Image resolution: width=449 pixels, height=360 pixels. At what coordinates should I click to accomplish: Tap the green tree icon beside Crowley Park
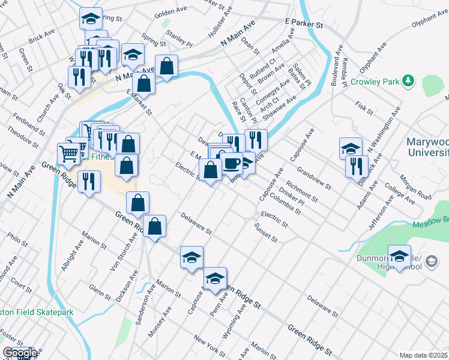pyautogui.click(x=408, y=80)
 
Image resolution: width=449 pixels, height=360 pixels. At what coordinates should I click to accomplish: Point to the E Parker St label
pyautogui.click(x=304, y=23)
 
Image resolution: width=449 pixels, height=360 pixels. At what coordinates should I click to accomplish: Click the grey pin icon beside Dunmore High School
pyautogui.click(x=435, y=261)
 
